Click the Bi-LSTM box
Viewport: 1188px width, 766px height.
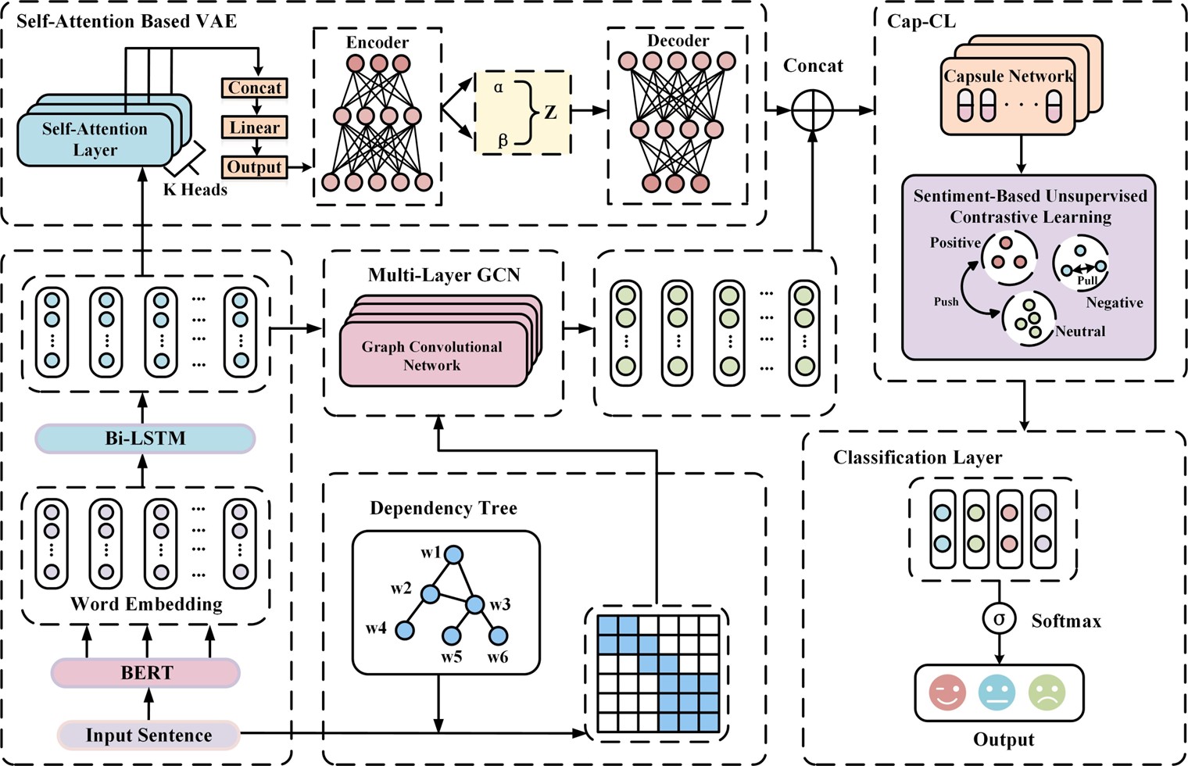tap(145, 438)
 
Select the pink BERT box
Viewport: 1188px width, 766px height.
tap(146, 672)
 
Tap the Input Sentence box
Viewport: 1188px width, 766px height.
tap(148, 736)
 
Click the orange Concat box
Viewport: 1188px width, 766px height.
tap(255, 88)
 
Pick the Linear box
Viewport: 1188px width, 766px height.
tap(255, 127)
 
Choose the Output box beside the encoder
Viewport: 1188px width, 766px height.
tap(255, 167)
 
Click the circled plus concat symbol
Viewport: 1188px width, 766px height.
tap(813, 111)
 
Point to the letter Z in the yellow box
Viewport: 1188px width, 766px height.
tap(550, 112)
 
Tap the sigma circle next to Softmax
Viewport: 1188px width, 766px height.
tap(999, 619)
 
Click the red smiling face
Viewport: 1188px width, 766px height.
tap(947, 693)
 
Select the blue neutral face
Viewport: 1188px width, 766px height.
tap(997, 693)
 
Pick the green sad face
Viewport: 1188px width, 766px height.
tap(1047, 693)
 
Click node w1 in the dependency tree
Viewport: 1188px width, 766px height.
tap(453, 555)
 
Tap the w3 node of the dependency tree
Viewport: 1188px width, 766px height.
tap(474, 604)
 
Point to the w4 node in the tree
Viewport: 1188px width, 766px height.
tap(404, 630)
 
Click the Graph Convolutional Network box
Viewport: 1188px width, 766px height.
tap(432, 356)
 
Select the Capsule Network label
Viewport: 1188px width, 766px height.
tap(1008, 77)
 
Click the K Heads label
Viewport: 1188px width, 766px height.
tap(195, 189)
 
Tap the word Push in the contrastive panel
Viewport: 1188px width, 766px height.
tap(946, 302)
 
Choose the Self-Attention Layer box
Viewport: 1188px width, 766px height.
tap(95, 139)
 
